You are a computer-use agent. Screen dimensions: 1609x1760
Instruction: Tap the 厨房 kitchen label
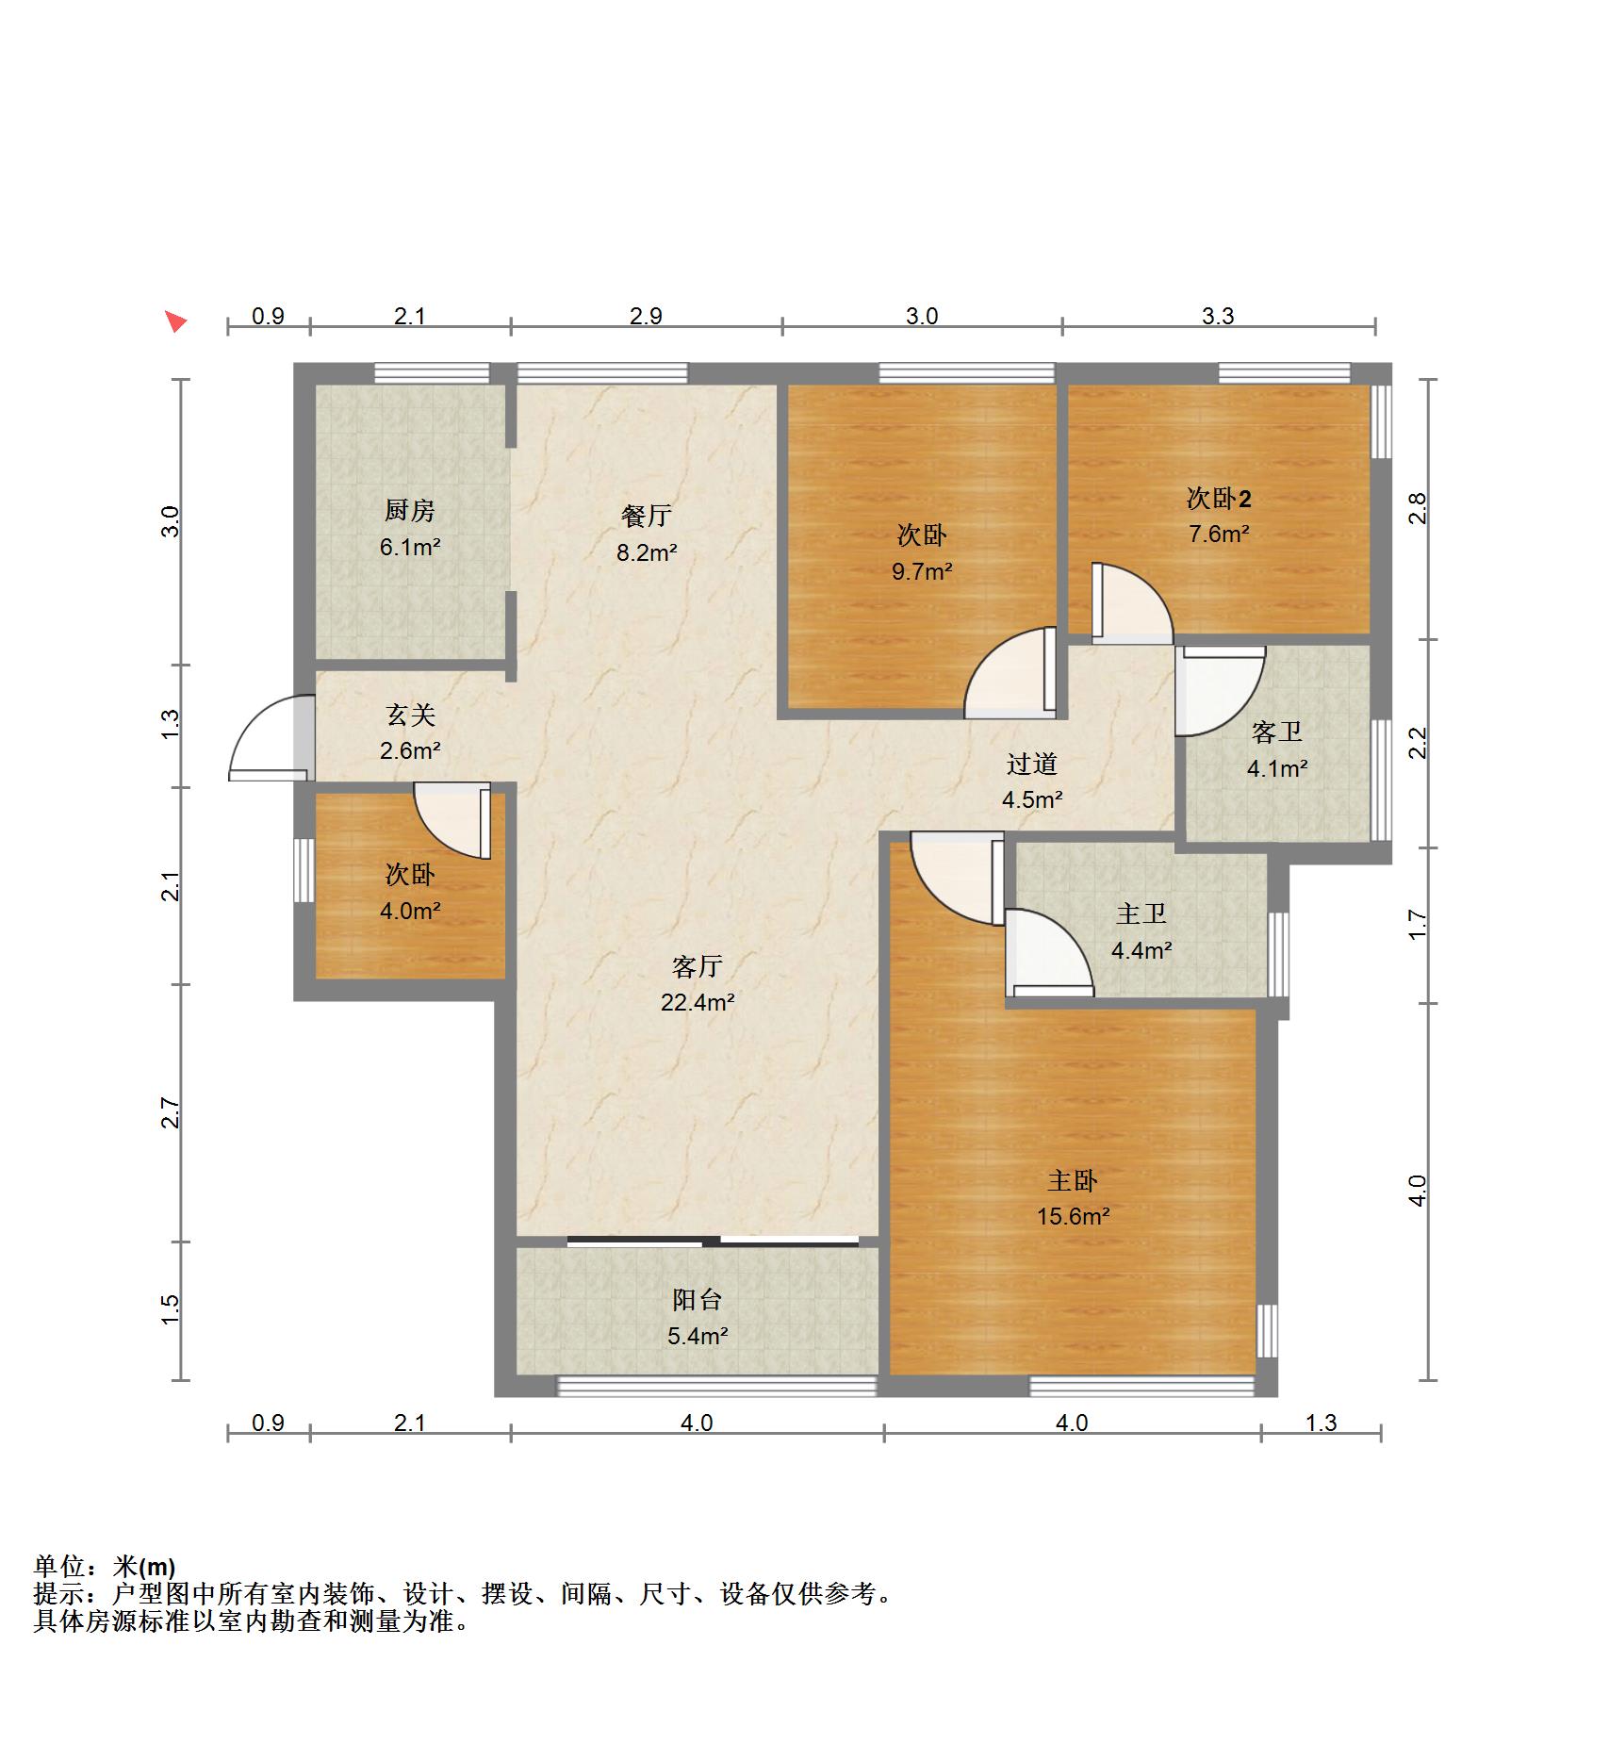[410, 511]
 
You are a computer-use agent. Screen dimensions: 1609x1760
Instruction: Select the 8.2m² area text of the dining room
[647, 552]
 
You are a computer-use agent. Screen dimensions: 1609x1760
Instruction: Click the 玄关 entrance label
[410, 716]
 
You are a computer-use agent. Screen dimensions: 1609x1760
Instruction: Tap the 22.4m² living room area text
[698, 1002]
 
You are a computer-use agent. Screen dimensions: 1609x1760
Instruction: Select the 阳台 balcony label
[698, 1300]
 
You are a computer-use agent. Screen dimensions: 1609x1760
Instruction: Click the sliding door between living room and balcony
[714, 1241]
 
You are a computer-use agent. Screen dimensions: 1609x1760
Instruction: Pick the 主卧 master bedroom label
[1073, 1180]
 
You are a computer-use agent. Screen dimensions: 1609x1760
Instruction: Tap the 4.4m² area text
[1141, 950]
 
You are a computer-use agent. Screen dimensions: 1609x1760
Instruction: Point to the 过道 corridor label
[1032, 764]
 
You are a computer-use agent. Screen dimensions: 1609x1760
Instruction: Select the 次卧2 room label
[1219, 498]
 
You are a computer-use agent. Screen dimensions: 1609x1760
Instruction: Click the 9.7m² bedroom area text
[922, 570]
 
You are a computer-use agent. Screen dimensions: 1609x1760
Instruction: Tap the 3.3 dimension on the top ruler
[1218, 316]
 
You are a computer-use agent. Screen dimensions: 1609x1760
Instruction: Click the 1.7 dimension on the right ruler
[1419, 924]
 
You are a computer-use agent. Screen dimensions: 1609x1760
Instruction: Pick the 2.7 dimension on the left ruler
[171, 1113]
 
